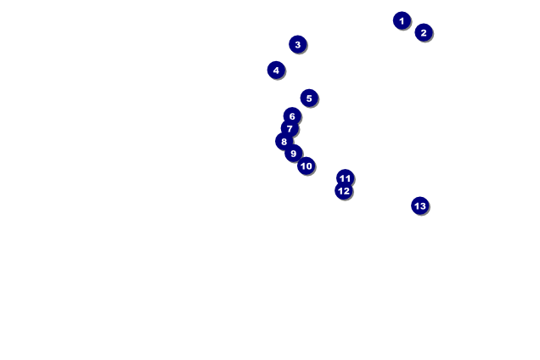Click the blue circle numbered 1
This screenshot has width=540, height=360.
pyautogui.click(x=402, y=20)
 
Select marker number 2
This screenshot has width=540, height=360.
pyautogui.click(x=424, y=32)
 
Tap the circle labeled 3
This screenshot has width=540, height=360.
pyautogui.click(x=297, y=44)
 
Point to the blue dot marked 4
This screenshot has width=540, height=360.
pyautogui.click(x=276, y=70)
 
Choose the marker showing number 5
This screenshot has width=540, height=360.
pyautogui.click(x=309, y=98)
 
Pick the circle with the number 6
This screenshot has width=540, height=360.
pyautogui.click(x=292, y=115)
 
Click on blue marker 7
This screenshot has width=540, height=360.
pyautogui.click(x=290, y=128)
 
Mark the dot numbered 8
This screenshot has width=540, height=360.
pyautogui.click(x=284, y=141)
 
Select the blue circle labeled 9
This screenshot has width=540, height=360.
pyautogui.click(x=294, y=153)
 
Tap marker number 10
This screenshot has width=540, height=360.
pyautogui.click(x=307, y=166)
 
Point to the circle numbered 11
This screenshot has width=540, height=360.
pyautogui.click(x=345, y=177)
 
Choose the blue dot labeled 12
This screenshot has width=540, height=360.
pyautogui.click(x=344, y=191)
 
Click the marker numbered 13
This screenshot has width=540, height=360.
pyautogui.click(x=419, y=205)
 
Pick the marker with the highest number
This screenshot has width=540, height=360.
pyautogui.click(x=419, y=205)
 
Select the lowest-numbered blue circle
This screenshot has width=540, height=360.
pyautogui.click(x=402, y=20)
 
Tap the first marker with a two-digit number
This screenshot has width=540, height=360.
pyautogui.click(x=307, y=166)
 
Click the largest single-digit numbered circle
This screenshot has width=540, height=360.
pyautogui.click(x=294, y=153)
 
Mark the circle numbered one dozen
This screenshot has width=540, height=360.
pyautogui.click(x=344, y=191)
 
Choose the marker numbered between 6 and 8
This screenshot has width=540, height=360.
pyautogui.click(x=290, y=128)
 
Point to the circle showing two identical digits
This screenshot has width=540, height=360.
pyautogui.click(x=345, y=177)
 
